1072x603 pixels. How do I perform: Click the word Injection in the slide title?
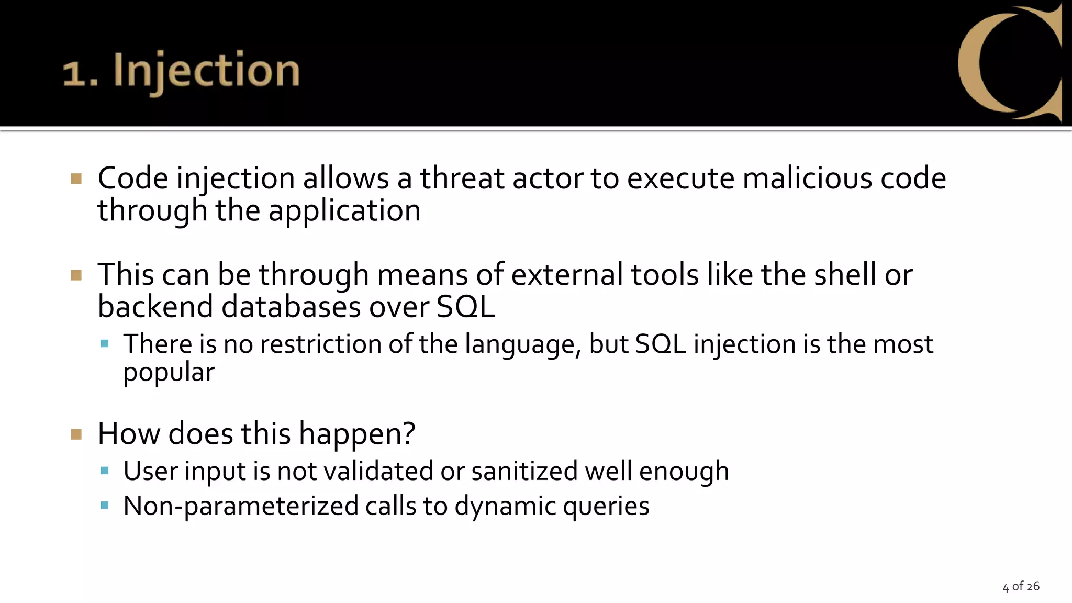206,71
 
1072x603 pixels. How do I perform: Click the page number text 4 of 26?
1021,586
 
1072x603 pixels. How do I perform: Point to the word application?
344,210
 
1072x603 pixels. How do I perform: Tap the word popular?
169,372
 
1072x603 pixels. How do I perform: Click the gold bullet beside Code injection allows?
76,179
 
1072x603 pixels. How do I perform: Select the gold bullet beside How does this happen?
76,434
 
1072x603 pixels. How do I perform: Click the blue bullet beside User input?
104,471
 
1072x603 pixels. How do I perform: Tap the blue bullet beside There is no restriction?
104,344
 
